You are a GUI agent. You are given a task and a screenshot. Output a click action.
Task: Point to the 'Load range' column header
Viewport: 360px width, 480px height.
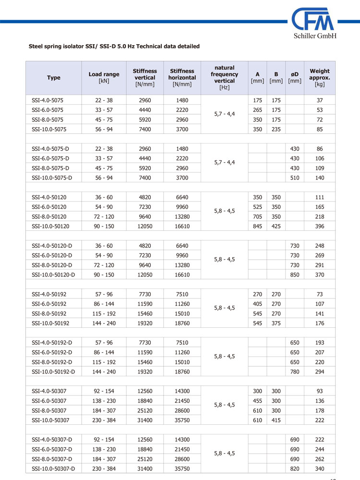pos(104,77)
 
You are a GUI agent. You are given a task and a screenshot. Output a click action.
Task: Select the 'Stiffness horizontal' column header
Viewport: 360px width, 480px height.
pos(182,77)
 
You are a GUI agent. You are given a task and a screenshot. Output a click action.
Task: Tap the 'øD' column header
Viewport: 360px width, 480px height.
pos(295,77)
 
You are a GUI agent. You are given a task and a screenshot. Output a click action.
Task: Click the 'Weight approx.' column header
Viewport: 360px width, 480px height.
pos(320,77)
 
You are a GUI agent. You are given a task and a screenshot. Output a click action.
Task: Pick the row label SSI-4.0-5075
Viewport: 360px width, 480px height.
pos(48,100)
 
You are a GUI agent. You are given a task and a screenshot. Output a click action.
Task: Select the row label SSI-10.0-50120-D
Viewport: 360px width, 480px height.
pos(54,275)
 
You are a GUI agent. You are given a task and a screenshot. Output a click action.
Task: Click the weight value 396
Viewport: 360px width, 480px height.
pos(320,226)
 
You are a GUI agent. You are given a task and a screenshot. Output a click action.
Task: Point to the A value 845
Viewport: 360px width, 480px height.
pos(257,226)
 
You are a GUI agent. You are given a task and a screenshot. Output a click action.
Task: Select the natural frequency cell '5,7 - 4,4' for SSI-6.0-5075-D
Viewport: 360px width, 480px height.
pos(225,163)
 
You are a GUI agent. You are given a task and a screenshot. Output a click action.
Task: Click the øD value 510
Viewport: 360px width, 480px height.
pos(295,178)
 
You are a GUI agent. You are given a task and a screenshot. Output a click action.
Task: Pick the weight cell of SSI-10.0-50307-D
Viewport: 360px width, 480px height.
pos(320,468)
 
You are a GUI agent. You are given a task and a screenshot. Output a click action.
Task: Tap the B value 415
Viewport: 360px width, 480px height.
pos(276,420)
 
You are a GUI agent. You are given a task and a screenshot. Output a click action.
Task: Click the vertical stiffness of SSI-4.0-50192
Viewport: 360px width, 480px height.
pos(144,294)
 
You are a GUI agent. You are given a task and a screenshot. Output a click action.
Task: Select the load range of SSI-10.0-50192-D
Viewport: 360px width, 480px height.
pos(104,372)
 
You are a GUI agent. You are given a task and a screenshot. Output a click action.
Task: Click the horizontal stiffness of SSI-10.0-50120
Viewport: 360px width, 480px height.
pos(182,226)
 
